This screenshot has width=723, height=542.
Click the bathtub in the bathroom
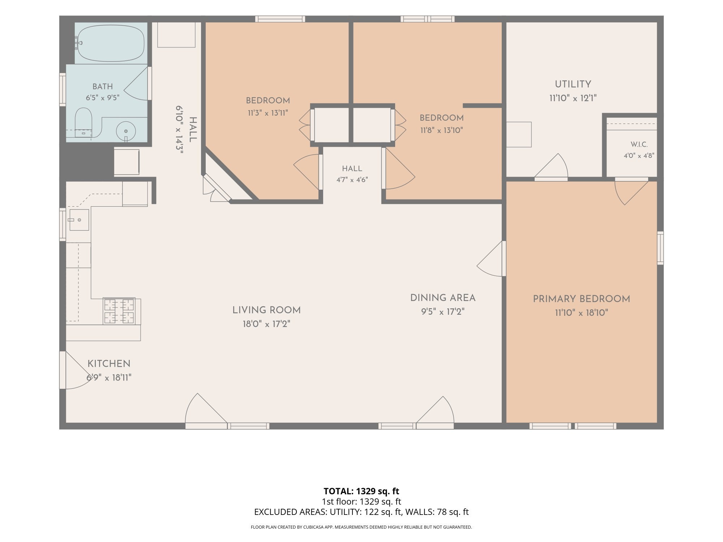111,43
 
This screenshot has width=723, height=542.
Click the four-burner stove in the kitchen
119,311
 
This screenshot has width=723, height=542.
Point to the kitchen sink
79,220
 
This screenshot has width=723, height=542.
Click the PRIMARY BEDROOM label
581,299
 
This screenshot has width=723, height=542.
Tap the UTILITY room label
573,84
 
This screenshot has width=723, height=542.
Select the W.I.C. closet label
639,145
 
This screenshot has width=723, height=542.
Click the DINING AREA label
443,298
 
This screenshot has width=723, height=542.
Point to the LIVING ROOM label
266,310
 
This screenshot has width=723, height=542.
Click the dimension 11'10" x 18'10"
582,313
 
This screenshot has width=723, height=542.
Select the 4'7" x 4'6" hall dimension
352,180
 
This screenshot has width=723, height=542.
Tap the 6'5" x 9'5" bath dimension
102,98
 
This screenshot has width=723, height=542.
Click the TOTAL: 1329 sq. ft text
361,491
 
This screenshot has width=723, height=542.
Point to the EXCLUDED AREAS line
361,512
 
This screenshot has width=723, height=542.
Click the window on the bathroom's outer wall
63,89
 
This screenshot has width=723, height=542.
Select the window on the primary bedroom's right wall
660,248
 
